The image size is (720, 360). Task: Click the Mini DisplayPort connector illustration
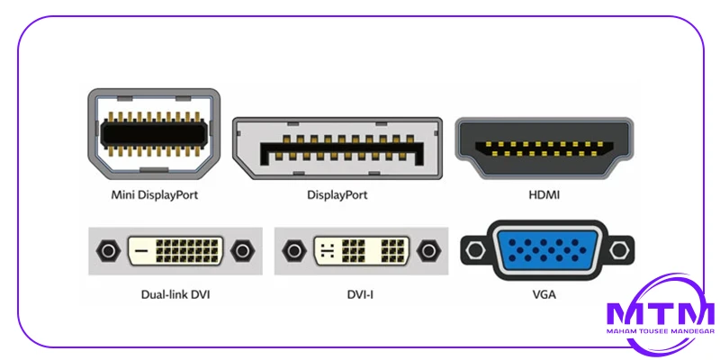click(x=152, y=134)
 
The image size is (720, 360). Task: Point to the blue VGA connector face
click(x=540, y=249)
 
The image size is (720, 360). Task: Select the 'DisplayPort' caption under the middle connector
click(x=337, y=194)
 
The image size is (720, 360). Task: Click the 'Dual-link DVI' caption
click(x=176, y=292)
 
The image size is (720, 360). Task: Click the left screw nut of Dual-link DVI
click(x=109, y=250)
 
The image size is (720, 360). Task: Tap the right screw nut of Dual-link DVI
click(x=242, y=250)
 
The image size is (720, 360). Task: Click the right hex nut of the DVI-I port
click(x=428, y=250)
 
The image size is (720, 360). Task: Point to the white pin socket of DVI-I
click(x=361, y=250)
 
